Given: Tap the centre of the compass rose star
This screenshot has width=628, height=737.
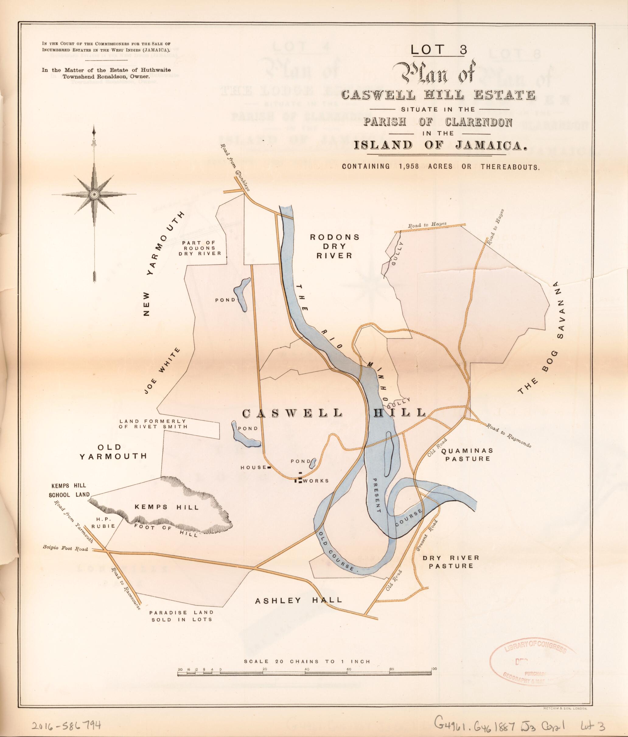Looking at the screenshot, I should tap(94, 194).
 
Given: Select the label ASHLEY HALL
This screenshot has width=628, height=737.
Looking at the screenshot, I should tap(299, 600).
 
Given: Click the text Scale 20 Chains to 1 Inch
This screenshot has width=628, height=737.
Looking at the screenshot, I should tap(306, 662).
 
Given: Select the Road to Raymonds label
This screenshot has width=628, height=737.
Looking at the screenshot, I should tap(508, 435).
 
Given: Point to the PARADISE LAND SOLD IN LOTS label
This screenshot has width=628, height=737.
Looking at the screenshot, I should tap(181, 616).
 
